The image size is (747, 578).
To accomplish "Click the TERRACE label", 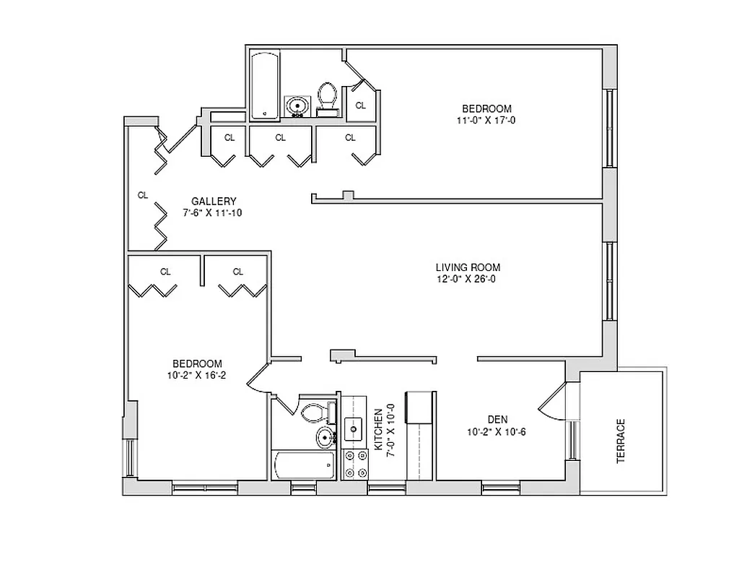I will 621,441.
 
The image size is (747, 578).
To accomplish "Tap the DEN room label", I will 497,419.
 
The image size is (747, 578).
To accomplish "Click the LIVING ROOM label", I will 468,267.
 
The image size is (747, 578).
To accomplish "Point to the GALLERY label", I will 214,201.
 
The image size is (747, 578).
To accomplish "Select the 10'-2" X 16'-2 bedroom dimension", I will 196,375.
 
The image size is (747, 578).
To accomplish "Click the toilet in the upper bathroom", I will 328,97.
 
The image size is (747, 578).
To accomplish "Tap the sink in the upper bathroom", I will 296,107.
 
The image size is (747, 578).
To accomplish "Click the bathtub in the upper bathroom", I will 265,85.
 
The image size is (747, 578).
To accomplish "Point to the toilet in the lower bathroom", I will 315,413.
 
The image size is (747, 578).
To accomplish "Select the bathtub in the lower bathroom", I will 303,465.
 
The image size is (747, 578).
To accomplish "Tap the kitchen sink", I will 354,429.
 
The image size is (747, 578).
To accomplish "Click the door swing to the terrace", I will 555,403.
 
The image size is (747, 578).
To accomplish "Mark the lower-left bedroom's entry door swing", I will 258,378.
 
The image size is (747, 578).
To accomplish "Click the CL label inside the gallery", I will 143,195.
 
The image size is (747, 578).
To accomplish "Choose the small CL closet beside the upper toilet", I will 361,105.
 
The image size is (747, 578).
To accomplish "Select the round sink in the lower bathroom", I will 326,437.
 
